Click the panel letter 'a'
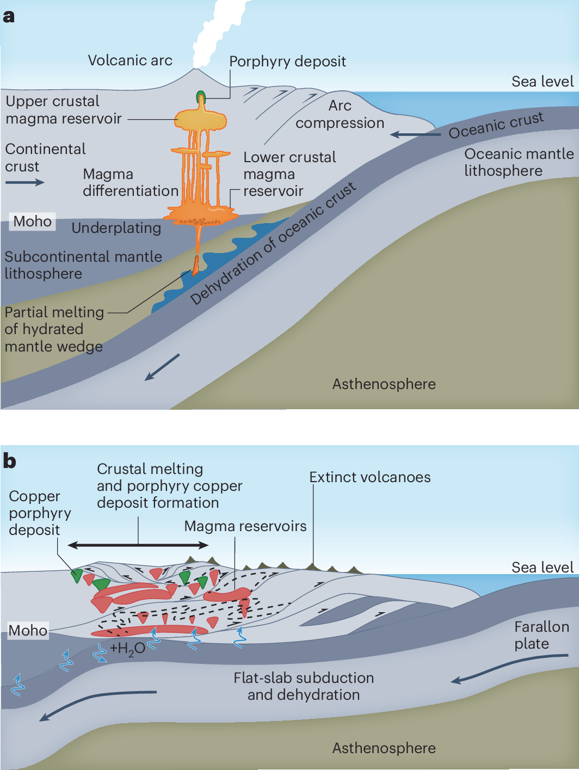click(x=8, y=17)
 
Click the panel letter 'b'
click(x=9, y=461)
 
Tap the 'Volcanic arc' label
click(x=130, y=60)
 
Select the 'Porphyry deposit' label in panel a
click(x=287, y=61)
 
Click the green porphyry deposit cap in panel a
click(x=201, y=97)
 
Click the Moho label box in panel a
click(x=33, y=221)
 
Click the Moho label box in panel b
click(x=28, y=631)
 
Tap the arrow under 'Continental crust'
click(x=24, y=182)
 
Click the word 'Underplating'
click(x=116, y=228)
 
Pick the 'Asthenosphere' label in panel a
click(x=384, y=384)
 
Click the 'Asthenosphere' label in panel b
click(x=384, y=748)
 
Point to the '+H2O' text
click(x=127, y=649)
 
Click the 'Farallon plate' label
click(x=541, y=635)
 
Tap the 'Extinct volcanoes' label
click(x=370, y=477)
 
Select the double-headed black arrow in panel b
click(x=138, y=545)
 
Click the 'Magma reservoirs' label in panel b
click(x=245, y=526)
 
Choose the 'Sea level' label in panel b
click(x=543, y=568)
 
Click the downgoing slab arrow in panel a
click(x=162, y=367)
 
